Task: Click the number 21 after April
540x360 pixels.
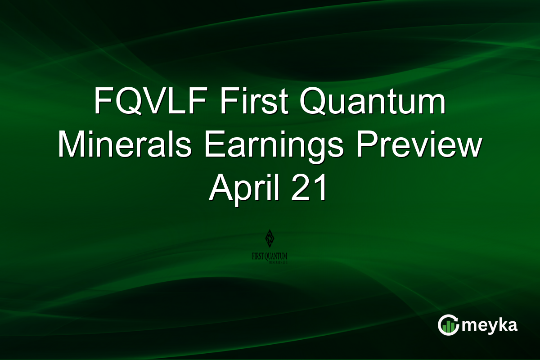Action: click(311, 189)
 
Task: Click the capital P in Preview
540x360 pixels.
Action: click(367, 147)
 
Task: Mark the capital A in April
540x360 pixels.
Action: click(220, 189)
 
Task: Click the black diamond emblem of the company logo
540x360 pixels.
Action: click(270, 238)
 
